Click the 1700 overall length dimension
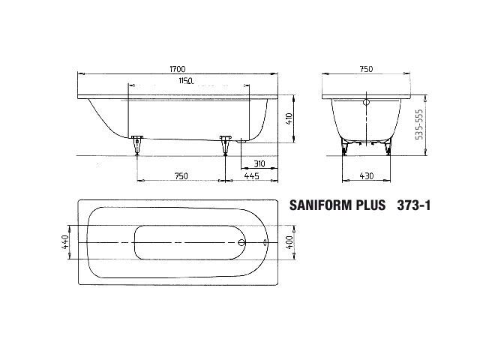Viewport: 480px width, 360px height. [178, 70]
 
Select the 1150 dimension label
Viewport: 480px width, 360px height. [186, 81]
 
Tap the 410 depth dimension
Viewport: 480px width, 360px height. [289, 118]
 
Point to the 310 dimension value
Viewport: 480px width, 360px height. [259, 163]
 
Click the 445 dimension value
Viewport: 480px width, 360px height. [252, 176]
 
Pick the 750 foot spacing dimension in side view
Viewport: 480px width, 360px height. [181, 176]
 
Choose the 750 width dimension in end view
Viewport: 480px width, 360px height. [366, 69]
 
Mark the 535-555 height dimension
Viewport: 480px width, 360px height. [420, 124]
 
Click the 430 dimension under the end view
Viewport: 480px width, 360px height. [367, 176]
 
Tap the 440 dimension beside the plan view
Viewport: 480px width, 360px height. [65, 242]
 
